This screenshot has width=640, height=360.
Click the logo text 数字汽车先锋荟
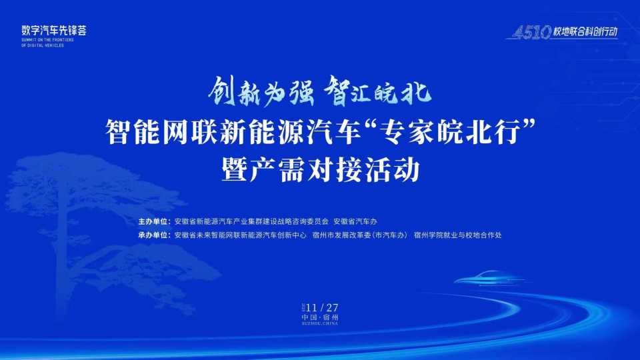click(x=54, y=30)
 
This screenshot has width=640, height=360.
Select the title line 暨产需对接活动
click(x=320, y=170)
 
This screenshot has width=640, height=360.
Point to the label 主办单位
click(x=153, y=221)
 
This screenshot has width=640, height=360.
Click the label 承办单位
click(x=153, y=235)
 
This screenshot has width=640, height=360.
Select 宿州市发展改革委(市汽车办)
click(x=359, y=235)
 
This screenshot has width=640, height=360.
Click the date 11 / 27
click(x=324, y=307)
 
